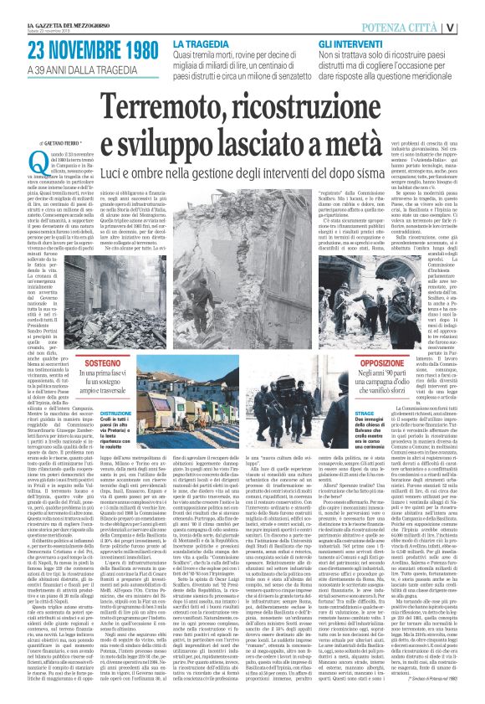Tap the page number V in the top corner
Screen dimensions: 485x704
point(474,26)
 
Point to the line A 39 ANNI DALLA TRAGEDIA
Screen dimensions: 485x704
point(74,66)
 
